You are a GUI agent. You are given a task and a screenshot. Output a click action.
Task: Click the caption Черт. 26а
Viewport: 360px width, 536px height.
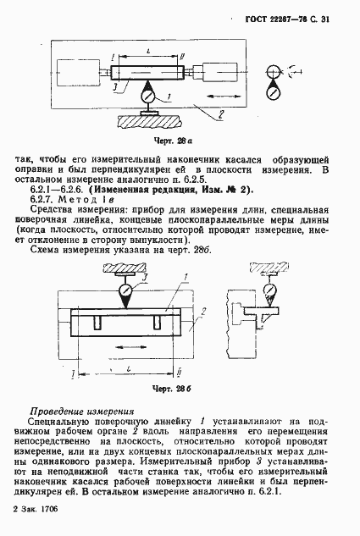pyautogui.click(x=153, y=140)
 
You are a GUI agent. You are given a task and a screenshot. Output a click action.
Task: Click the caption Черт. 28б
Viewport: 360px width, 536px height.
pyautogui.click(x=155, y=389)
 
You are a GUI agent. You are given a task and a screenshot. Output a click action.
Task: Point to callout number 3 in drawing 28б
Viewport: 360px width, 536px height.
pyautogui.click(x=145, y=277)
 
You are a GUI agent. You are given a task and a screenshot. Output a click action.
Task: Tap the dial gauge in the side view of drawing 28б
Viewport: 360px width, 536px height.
pyautogui.click(x=270, y=292)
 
